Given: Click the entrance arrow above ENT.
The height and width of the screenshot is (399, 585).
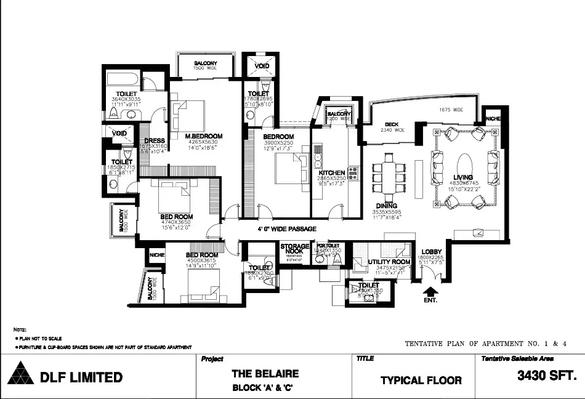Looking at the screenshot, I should (x=430, y=291).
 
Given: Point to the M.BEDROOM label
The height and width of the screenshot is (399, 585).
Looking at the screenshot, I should (x=204, y=136).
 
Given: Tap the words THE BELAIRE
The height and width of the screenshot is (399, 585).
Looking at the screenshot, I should (x=265, y=373).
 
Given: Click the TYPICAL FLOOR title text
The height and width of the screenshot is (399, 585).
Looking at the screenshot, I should (x=421, y=380).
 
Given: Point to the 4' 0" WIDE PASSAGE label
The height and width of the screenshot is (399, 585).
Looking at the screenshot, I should (x=286, y=229).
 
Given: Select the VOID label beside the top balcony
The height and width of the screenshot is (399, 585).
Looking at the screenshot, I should (x=262, y=66).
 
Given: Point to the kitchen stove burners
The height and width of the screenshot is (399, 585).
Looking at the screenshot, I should (x=353, y=174).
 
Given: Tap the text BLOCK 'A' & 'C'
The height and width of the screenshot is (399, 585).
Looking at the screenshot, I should (x=265, y=389).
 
